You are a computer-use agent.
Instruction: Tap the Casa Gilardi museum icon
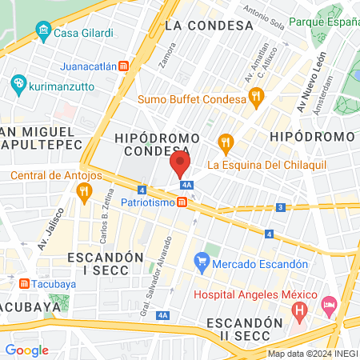tap(43, 34)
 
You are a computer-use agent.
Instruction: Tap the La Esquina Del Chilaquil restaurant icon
tap(226, 145)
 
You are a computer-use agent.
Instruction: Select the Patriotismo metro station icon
tap(184, 202)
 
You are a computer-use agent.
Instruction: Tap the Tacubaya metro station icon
tap(24, 283)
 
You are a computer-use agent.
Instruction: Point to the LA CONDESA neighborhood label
tap(209, 26)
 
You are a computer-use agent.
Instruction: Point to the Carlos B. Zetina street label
tap(104, 218)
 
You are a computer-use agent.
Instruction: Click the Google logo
tap(27, 350)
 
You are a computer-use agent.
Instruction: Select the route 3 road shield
tap(281, 207)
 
